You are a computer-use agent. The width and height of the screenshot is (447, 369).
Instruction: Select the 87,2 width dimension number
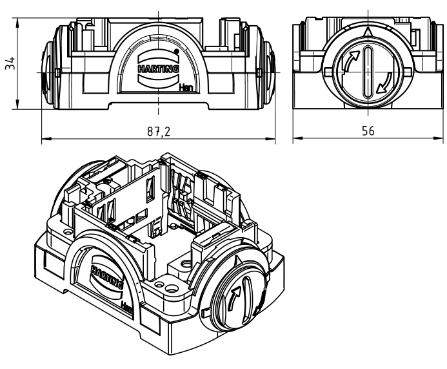coord(157,131)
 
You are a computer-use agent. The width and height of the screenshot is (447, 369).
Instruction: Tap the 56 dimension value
coord(368,131)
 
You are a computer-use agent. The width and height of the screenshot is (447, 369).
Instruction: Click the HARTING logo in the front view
coord(158,66)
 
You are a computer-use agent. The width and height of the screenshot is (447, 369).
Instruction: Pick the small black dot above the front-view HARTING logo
coord(176,50)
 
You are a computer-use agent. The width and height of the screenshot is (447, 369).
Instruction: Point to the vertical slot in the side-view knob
coord(366,72)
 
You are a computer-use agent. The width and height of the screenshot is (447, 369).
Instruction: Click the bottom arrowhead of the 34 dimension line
coord(17,108)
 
